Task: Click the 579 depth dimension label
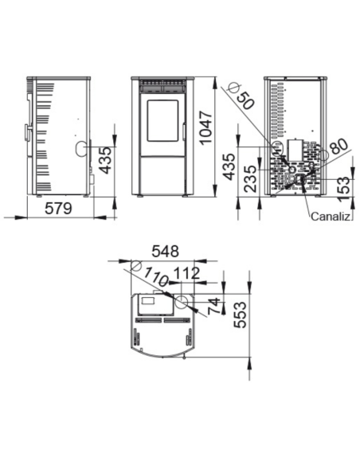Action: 58,208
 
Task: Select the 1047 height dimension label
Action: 205,127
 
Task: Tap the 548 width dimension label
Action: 165,252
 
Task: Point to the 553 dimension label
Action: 240,315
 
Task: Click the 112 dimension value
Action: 186,273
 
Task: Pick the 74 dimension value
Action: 214,306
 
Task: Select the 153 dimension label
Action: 344,190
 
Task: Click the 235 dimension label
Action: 249,179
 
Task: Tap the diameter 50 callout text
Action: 246,100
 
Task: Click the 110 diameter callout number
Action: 156,276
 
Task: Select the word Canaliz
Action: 331,217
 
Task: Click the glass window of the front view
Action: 162,121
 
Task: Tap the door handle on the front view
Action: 184,132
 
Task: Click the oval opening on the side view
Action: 80,148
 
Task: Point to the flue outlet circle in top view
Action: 182,302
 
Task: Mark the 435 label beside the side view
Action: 106,160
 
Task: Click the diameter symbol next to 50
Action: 233,88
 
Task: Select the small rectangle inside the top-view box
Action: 148,300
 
